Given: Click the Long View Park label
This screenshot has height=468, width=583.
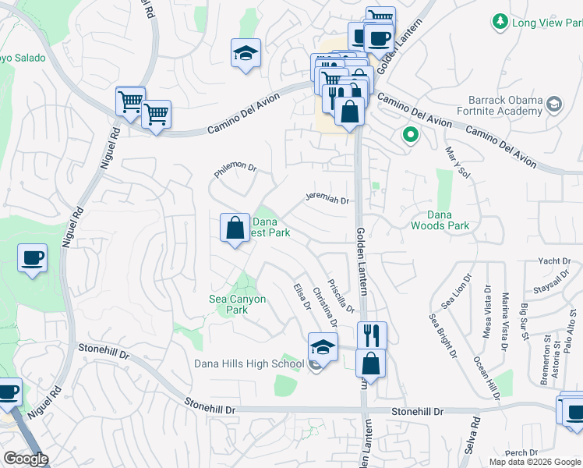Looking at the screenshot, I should pos(546,23).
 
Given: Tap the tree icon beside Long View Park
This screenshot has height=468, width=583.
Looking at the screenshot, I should pos(500,23).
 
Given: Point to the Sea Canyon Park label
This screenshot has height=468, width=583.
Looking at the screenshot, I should pos(238,304).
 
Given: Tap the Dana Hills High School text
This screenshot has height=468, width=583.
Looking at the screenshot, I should pos(249,363).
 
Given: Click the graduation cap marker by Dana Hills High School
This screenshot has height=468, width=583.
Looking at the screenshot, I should pos(323,346).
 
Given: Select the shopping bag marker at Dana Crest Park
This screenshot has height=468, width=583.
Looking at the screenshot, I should pos(235,229).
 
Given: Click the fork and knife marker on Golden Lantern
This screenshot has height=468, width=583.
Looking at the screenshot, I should pos(372,335).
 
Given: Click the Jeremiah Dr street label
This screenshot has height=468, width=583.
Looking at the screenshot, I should pos(326,199).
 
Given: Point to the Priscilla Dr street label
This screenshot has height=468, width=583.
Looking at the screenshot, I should pos(341,296).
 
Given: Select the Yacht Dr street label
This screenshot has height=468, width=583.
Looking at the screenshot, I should pos(554,261).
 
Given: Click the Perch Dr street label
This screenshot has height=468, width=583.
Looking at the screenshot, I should pos(521,452).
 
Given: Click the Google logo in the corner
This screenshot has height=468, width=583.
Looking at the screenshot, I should pos(26,459).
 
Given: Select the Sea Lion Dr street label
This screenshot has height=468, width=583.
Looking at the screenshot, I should pos(457,289).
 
